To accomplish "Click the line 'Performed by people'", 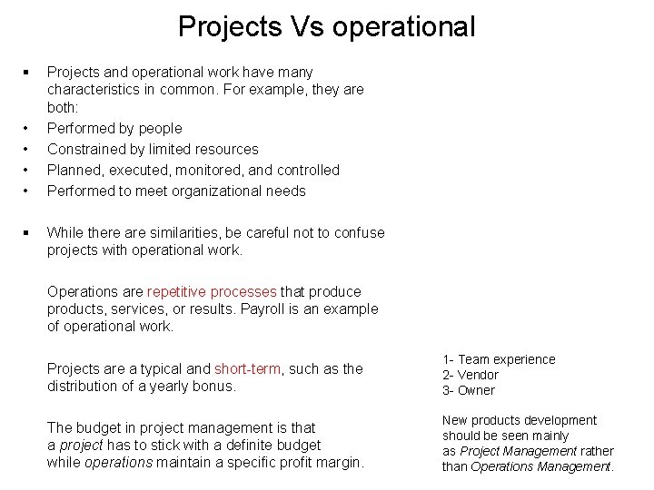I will [114, 128].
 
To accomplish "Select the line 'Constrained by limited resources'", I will [153, 149].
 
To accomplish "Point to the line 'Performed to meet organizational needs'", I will [176, 191].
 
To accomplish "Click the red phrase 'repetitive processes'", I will [212, 292].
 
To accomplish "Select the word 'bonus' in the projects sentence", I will [218, 386].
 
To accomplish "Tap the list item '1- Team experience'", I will [499, 359].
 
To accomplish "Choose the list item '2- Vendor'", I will [471, 375].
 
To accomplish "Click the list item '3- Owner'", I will [469, 390].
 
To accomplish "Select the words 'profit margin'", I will [322, 463].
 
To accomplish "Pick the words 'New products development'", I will [520, 420].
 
